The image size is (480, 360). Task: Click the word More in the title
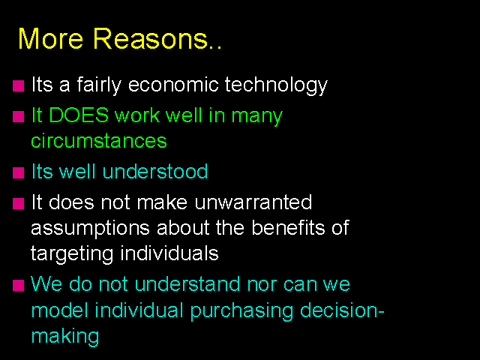click(x=51, y=38)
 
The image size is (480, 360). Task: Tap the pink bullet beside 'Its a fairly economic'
click(x=18, y=86)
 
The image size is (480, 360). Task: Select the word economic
click(x=173, y=84)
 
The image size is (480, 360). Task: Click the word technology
click(x=276, y=85)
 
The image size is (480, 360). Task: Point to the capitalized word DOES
click(x=79, y=115)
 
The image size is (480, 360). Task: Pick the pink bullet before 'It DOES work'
click(x=18, y=117)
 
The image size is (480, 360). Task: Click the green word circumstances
click(x=99, y=141)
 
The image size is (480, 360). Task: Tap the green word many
click(x=256, y=117)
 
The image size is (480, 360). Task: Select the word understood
click(x=155, y=171)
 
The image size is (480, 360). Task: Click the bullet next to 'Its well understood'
click(x=18, y=172)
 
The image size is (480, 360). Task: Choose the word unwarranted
click(x=253, y=202)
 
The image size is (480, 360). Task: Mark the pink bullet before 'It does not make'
click(x=18, y=203)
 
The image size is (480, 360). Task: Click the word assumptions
click(x=90, y=229)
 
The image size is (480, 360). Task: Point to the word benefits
click(x=288, y=227)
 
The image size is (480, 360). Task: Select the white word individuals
click(x=169, y=253)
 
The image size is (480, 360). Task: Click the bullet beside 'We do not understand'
click(x=18, y=285)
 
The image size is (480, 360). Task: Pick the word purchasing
click(x=241, y=311)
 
